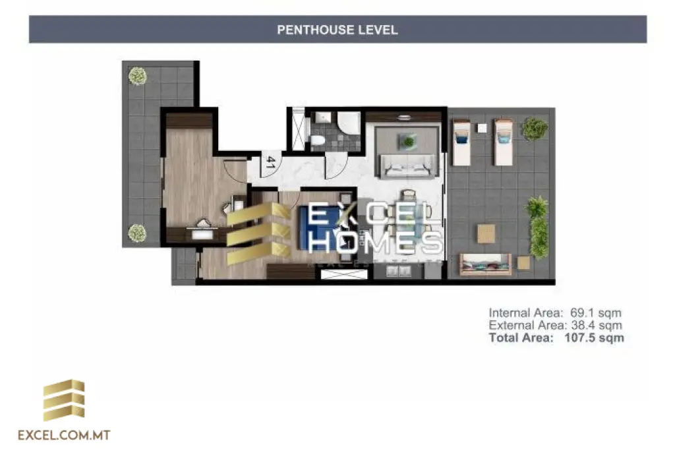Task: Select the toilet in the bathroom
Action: point(318,140)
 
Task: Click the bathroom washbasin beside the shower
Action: point(322,117)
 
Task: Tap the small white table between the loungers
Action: point(482,128)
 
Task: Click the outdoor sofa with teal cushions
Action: point(484,264)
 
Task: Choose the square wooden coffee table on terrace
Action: point(486,233)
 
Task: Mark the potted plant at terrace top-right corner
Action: point(534,128)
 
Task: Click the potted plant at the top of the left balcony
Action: point(137,76)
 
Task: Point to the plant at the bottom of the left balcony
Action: point(136,233)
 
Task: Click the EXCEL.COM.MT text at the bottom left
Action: point(64,435)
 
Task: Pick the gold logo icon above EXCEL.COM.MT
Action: point(64,400)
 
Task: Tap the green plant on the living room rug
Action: point(409,141)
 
